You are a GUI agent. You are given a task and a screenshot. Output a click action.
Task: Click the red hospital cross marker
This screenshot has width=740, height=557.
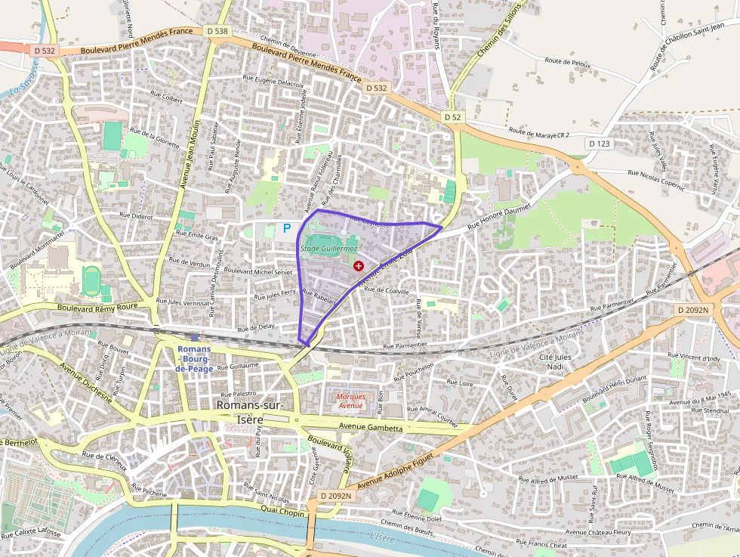pos(358,266)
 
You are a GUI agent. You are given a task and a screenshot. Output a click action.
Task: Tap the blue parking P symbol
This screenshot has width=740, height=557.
pos(287,227)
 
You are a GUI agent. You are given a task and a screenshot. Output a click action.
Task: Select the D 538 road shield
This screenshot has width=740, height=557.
pos(217,31)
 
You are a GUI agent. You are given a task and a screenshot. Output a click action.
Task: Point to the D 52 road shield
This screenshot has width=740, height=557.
pos(452,117)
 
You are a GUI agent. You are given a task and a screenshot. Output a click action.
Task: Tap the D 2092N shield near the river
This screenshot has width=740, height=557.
pos(335,496)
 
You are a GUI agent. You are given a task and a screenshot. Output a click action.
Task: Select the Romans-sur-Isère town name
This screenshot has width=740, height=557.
pos(250,412)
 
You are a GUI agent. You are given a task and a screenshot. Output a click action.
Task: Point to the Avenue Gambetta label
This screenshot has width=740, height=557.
pos(371,428)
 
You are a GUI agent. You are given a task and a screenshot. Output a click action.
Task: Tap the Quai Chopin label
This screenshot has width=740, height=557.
pos(282,513)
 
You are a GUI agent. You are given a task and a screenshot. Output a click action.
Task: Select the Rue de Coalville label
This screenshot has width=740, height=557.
pos(386,291)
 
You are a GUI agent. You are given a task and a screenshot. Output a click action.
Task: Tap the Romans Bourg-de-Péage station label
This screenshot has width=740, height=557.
pos(195,358)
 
